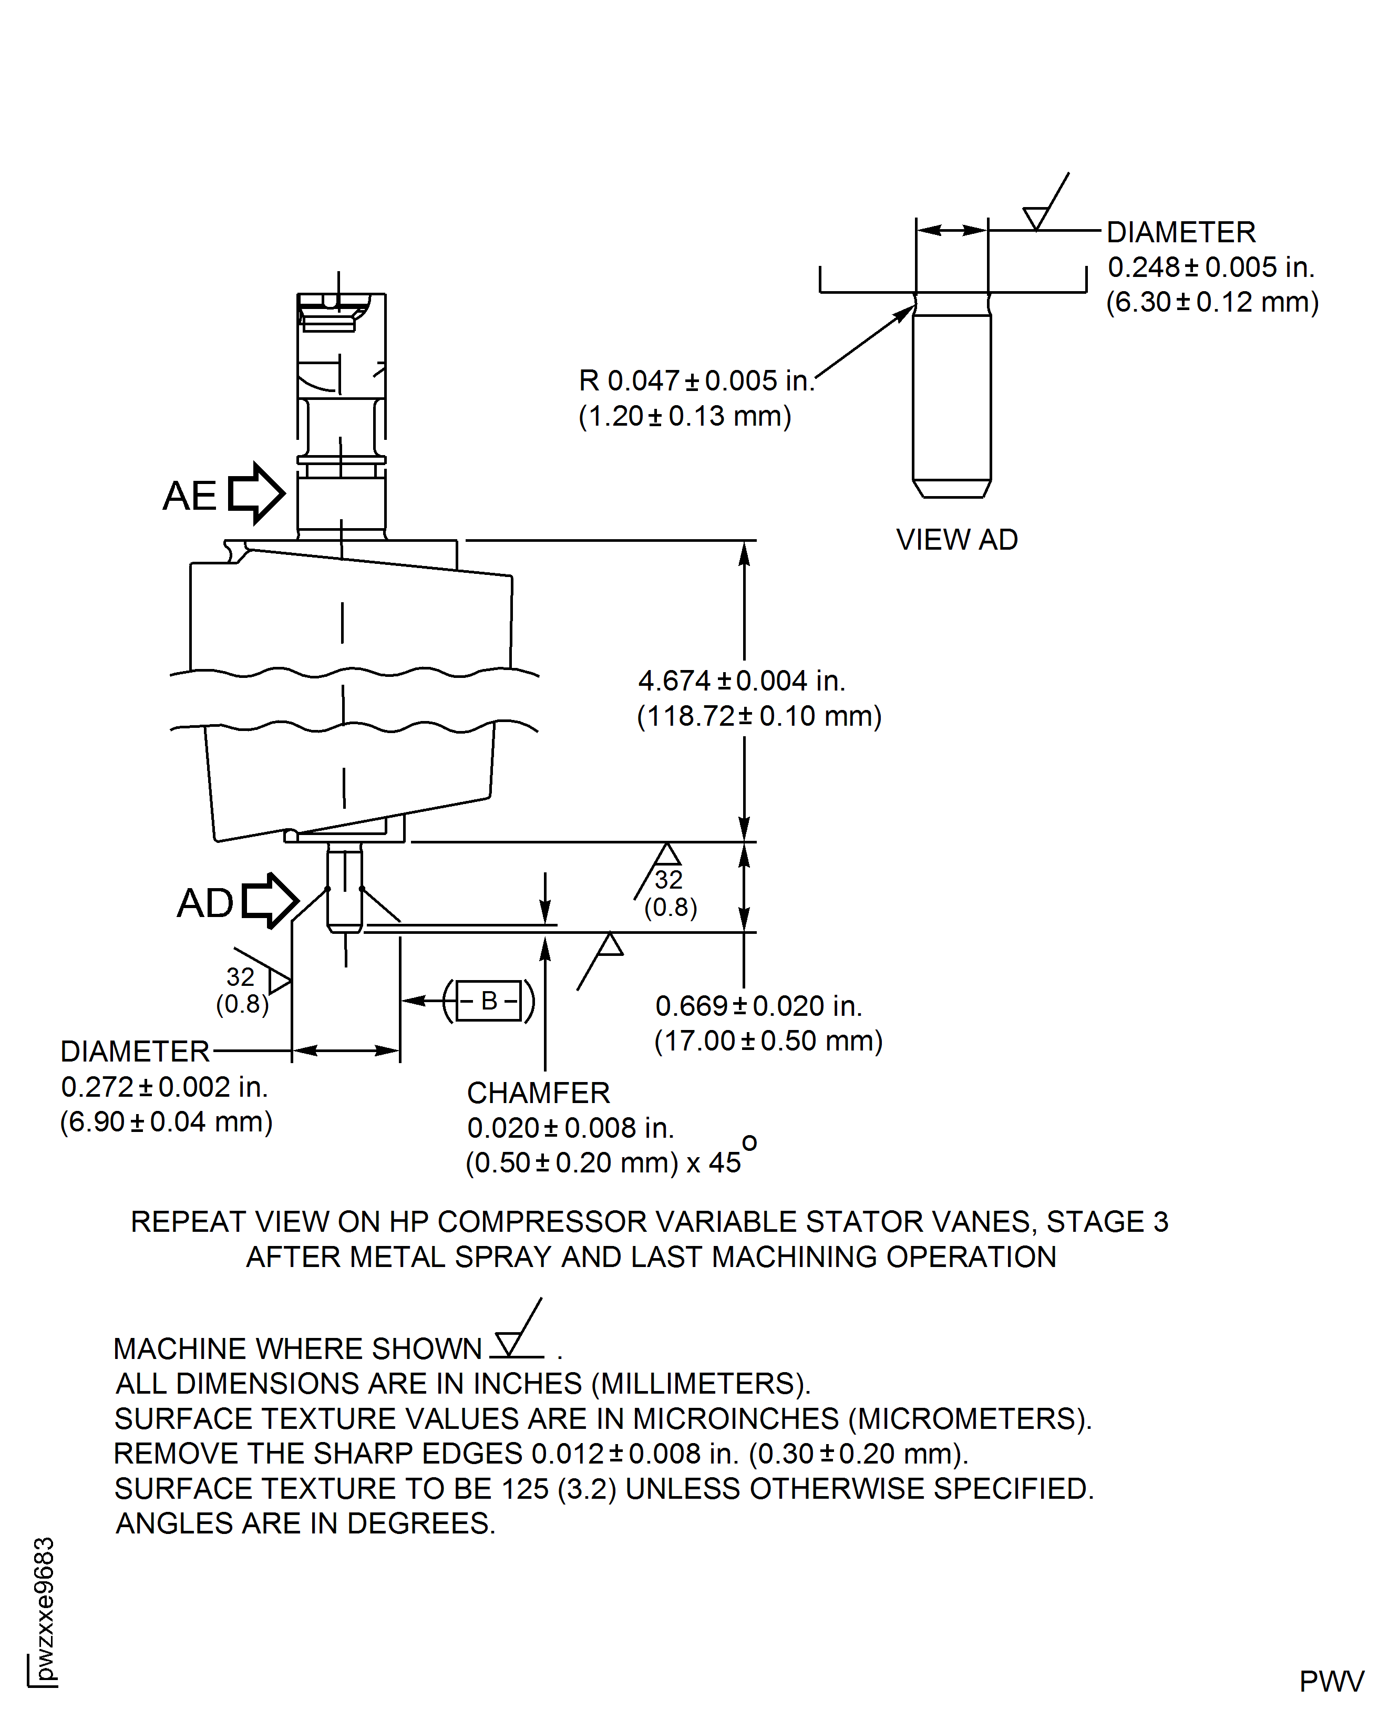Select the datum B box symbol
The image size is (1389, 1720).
point(489,1000)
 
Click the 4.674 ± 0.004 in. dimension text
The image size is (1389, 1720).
point(741,681)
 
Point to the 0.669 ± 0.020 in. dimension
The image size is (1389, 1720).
point(758,1006)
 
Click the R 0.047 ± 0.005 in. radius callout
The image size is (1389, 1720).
point(695,381)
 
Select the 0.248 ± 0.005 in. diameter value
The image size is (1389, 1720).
point(1210,267)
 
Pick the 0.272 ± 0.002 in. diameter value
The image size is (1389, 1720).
point(164,1086)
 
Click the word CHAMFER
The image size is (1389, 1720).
point(538,1093)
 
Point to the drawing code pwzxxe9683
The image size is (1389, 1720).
point(44,1608)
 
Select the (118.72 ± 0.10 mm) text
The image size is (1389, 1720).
point(758,716)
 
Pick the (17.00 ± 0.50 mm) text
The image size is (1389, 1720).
point(768,1041)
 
